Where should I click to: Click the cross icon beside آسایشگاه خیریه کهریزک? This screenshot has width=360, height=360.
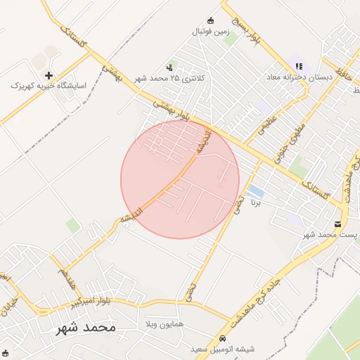(x=49, y=75)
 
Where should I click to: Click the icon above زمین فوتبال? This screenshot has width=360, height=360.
(x=210, y=20)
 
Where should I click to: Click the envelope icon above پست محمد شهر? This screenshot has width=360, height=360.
(x=338, y=224)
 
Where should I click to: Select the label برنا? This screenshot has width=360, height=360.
(x=256, y=202)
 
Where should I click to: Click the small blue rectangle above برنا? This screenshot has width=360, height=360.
(x=256, y=191)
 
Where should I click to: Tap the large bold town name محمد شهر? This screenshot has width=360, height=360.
(x=88, y=328)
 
